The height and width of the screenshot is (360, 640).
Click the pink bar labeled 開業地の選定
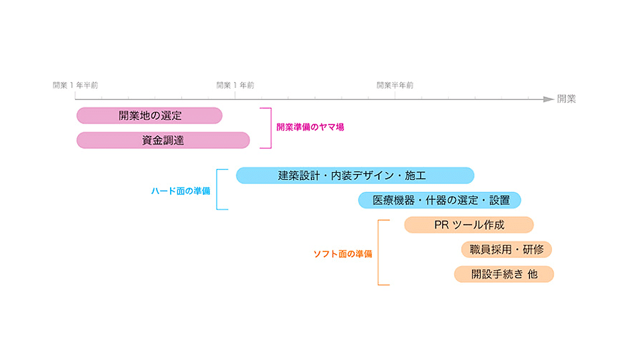tap(149, 115)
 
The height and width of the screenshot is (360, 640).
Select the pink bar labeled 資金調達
tap(163, 140)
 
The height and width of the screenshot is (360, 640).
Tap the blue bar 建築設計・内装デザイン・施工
tap(355, 175)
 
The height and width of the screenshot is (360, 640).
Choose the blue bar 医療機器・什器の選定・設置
tap(439, 200)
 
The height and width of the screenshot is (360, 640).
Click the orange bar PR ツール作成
tap(469, 225)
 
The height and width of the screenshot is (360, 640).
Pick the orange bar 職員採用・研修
tap(506, 249)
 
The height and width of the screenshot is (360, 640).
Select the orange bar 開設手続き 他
tap(504, 274)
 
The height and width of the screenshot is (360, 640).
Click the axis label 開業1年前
tap(235, 85)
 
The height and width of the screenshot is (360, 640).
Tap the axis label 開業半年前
tap(395, 85)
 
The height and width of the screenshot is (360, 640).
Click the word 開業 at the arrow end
tap(566, 99)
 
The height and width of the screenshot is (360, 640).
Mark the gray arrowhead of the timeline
tap(548, 99)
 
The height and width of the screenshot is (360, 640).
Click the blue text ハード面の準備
tap(180, 190)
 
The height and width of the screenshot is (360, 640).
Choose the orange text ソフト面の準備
tap(343, 254)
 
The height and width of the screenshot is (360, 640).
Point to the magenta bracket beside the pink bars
tap(270, 127)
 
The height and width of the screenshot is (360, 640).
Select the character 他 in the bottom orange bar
tap(532, 274)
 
